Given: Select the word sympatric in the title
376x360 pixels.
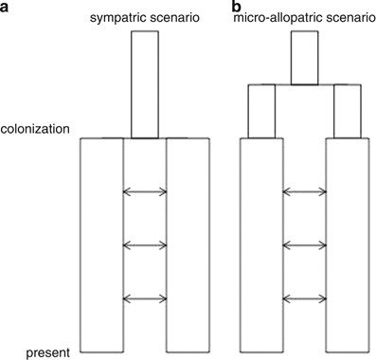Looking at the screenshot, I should coord(121,19).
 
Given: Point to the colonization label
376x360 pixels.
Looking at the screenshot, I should coord(37,128).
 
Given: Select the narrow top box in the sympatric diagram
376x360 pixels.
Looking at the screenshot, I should coord(145,84).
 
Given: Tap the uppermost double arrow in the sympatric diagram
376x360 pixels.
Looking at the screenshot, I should coord(145,192).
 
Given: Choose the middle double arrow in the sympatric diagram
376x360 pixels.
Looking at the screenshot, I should coord(145,246).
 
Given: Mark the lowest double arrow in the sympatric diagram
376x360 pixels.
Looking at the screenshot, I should coord(145,300).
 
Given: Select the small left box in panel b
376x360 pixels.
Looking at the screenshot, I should coord(261,111).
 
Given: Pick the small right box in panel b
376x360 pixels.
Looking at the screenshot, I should coord(347,111).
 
